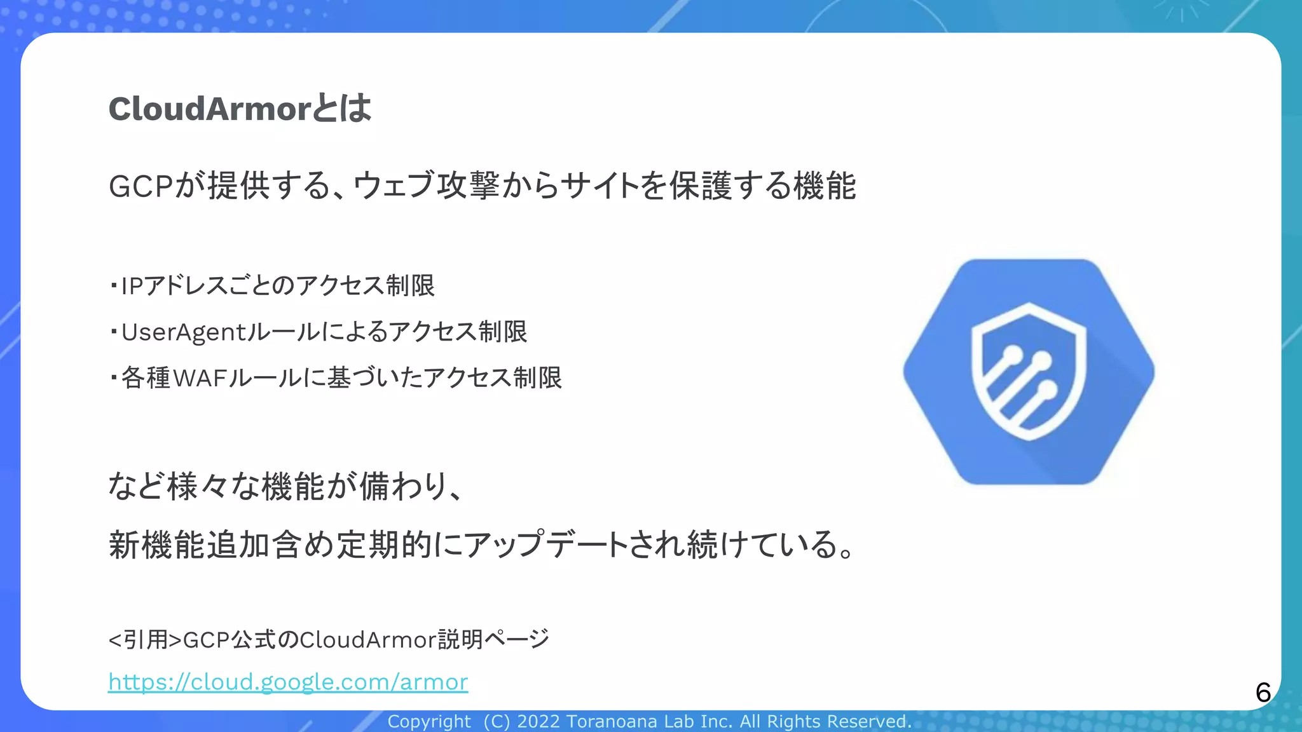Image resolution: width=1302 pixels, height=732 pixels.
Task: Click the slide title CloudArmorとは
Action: point(240,108)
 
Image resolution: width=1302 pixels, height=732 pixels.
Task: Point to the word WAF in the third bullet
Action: point(200,378)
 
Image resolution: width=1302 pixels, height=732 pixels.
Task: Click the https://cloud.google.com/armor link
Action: point(288,682)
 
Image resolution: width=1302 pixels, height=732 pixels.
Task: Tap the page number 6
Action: point(1263,692)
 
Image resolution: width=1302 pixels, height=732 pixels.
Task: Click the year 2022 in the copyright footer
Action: point(538,722)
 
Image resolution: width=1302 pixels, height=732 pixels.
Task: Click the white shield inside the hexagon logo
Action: point(1029,372)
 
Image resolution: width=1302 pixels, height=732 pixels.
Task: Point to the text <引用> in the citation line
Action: point(146,639)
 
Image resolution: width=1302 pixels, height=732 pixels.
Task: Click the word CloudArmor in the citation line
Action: point(368,639)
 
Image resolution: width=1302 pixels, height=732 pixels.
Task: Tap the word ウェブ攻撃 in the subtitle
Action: point(427,186)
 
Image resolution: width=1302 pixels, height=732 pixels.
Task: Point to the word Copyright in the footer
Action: point(429,722)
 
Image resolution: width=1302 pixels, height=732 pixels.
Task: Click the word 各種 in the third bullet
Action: point(146,378)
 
